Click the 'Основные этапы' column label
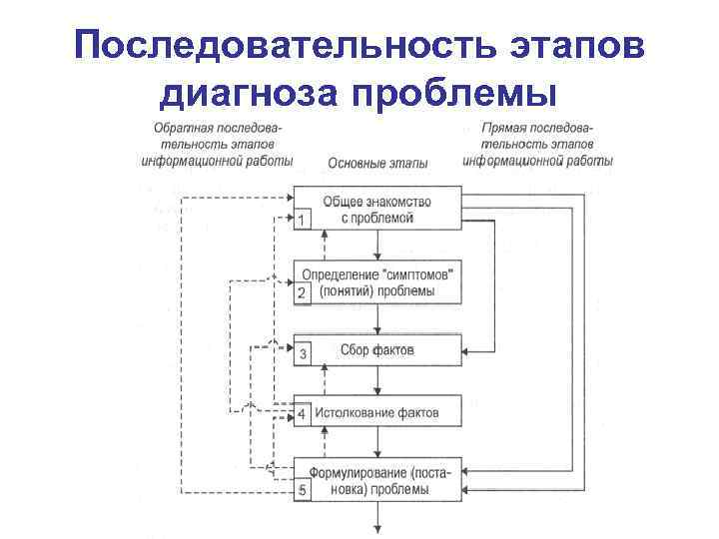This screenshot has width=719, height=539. pyautogui.click(x=377, y=163)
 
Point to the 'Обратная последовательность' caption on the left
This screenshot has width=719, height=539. pyautogui.click(x=218, y=144)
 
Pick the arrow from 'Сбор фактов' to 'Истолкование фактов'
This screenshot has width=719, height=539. pyautogui.click(x=377, y=380)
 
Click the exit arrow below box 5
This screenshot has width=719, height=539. pyautogui.click(x=377, y=515)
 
